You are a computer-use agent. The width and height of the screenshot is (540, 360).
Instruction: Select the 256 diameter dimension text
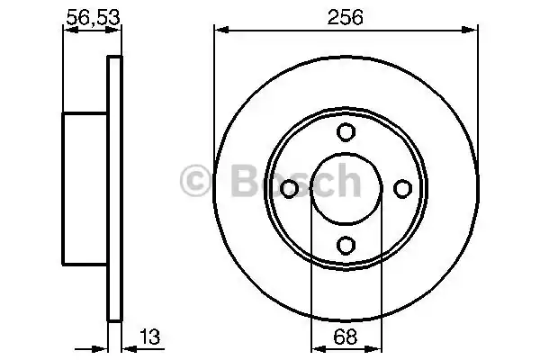346,15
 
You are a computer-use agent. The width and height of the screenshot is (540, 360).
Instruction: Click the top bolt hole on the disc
346,132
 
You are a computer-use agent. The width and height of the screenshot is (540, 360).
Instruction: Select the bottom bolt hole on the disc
346,244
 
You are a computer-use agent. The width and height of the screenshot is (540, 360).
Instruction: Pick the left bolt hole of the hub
290,188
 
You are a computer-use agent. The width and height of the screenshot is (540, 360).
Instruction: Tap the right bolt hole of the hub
401,188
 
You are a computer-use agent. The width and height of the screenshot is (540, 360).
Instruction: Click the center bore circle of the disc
346,188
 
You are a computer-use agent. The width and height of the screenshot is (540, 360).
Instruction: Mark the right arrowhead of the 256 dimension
473,30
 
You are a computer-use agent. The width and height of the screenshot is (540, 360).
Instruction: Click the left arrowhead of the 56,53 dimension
67,30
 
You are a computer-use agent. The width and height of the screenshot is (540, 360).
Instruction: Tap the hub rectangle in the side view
85,188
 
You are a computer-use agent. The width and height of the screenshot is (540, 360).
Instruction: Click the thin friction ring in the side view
114,188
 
